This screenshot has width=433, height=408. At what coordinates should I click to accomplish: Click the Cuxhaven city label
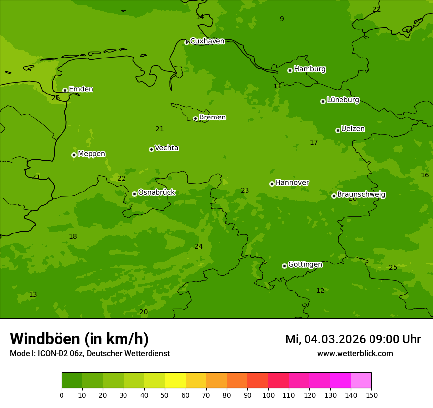(207, 41)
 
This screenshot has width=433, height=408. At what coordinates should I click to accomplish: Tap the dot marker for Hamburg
(290, 70)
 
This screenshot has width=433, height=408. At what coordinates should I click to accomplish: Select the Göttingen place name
(305, 264)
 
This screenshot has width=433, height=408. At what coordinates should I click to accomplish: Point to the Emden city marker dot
(65, 90)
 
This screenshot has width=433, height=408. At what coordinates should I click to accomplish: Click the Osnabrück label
(156, 192)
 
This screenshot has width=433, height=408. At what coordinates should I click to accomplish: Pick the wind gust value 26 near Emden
(56, 98)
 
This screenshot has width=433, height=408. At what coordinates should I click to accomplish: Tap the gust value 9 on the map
(282, 19)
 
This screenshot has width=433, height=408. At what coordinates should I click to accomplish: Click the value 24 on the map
(198, 247)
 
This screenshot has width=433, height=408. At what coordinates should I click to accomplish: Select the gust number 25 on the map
(393, 268)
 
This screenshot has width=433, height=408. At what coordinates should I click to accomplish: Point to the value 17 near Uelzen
(314, 143)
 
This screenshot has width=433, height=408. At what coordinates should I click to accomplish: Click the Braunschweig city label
(361, 194)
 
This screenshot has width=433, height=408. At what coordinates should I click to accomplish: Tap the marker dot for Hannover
(272, 184)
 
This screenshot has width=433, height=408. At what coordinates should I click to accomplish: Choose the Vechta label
(166, 148)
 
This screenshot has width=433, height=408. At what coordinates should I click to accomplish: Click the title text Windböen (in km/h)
(79, 339)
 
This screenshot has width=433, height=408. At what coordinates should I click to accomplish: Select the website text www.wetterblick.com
(355, 354)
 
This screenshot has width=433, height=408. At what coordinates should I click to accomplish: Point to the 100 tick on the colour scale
(268, 395)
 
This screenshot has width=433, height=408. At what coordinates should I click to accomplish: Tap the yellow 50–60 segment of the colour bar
(175, 380)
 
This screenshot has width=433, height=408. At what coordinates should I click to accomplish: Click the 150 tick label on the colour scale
(371, 395)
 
